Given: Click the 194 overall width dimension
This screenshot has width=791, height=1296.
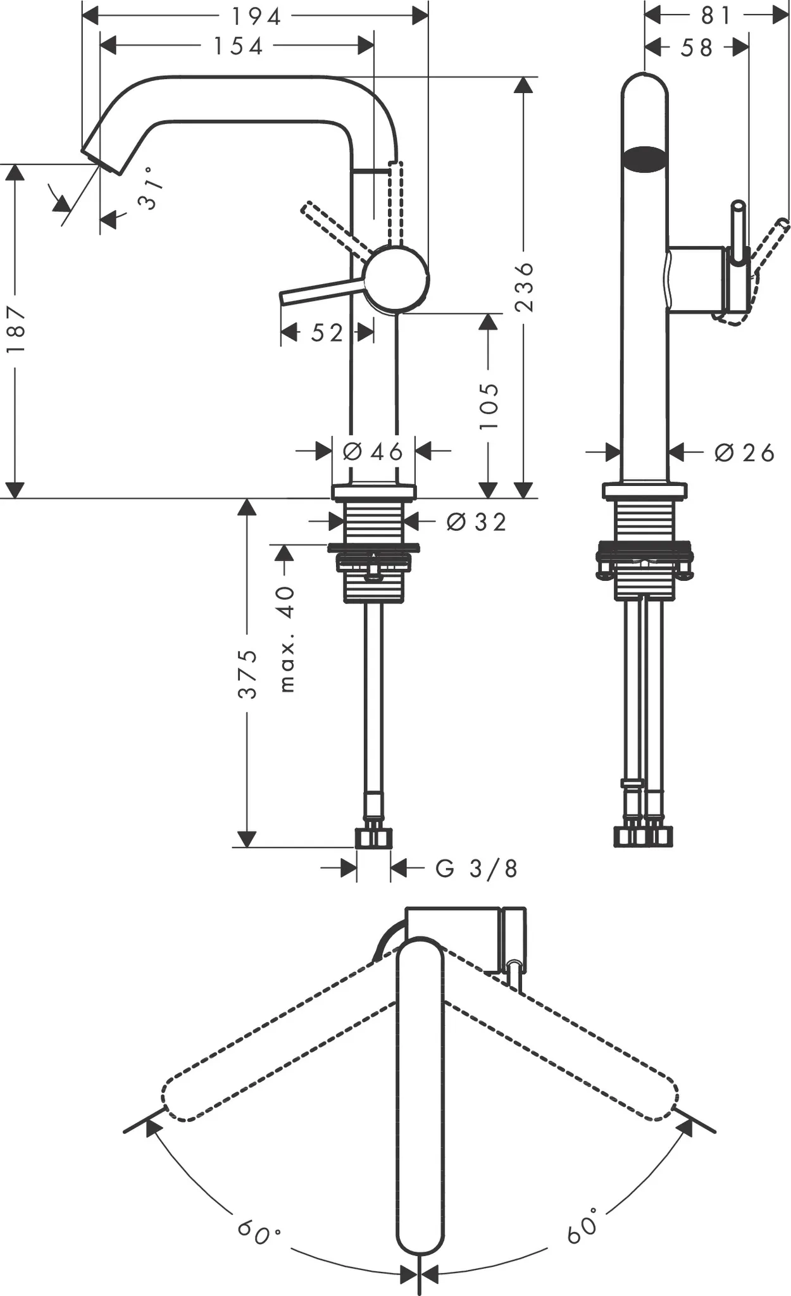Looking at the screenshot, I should (x=256, y=17).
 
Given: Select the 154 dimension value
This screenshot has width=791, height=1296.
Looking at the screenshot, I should (x=238, y=46).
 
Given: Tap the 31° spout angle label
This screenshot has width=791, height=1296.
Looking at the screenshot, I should (x=150, y=189).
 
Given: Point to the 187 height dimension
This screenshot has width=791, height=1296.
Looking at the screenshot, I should (x=15, y=329).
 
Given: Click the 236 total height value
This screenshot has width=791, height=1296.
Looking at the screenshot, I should (x=525, y=287).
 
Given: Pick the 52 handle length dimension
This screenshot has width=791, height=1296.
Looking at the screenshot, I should (x=327, y=333).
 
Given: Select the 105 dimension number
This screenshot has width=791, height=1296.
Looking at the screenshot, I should (x=489, y=406).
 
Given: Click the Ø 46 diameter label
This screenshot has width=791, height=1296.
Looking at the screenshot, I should (x=373, y=452).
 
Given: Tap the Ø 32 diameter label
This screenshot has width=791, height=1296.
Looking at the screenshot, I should (x=476, y=522).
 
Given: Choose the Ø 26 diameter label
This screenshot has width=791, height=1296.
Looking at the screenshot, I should (x=744, y=453).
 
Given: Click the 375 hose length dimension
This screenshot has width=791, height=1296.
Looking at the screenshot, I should (x=248, y=673).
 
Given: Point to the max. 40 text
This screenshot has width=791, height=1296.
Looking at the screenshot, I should (x=287, y=639).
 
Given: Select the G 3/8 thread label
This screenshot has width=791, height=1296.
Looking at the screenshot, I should (x=476, y=869).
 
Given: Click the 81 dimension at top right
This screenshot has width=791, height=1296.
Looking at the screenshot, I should (x=716, y=16).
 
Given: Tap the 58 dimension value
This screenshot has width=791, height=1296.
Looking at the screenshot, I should (x=696, y=47).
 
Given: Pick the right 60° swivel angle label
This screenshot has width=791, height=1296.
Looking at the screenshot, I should (x=583, y=1225).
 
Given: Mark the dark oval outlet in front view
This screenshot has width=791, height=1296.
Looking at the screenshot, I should (x=644, y=159).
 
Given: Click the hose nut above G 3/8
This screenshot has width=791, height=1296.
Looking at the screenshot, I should (x=373, y=838).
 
